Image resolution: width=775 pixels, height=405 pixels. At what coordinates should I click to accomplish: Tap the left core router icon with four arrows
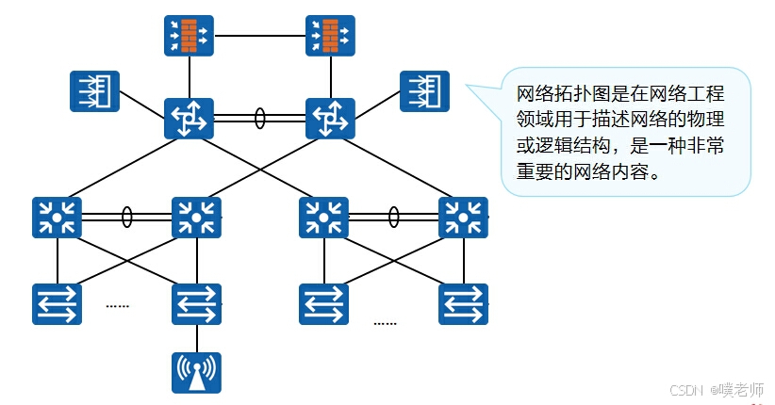tap(189, 119)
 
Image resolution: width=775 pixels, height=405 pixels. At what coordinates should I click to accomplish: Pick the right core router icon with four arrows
tap(330, 119)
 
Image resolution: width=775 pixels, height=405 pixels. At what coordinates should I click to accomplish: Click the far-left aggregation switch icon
tap(58, 218)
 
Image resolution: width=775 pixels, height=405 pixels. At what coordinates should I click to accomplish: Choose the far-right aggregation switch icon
tap(463, 218)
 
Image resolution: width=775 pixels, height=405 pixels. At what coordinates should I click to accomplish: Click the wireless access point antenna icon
tap(196, 372)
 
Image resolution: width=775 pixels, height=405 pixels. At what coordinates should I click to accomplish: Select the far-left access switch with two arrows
tap(58, 302)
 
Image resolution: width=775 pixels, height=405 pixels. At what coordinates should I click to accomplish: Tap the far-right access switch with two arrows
tap(463, 302)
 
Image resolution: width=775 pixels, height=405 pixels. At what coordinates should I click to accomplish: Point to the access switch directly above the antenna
tap(196, 302)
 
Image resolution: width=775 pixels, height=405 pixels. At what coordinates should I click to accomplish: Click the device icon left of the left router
tap(94, 90)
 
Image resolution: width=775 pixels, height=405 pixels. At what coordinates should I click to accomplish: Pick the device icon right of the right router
tap(424, 90)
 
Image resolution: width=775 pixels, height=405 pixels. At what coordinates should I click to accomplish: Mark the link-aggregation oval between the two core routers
tap(259, 120)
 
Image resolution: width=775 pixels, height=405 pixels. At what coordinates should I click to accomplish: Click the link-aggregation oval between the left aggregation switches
tap(126, 218)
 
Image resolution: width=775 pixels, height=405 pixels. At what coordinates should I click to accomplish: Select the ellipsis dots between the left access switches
tap(118, 305)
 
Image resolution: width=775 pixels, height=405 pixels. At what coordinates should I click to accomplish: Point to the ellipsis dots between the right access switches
tap(385, 322)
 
